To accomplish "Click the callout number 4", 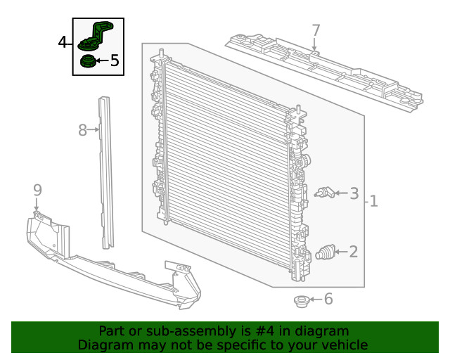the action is (x=63, y=42).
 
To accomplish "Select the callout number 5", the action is (x=115, y=60).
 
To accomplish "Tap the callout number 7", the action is (x=316, y=30).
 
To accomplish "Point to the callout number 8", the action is (x=82, y=130).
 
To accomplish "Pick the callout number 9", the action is (x=37, y=190).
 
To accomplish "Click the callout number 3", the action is (x=354, y=193).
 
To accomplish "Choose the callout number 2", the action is (x=354, y=252).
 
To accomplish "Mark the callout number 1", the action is (x=373, y=201).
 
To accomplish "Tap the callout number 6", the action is (x=328, y=299).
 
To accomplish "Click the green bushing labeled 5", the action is (x=87, y=61).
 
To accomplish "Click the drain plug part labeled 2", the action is (x=326, y=252).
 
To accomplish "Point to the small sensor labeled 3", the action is (x=324, y=193).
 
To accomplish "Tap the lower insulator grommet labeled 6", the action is (x=302, y=301).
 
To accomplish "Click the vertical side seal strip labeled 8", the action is (x=106, y=172).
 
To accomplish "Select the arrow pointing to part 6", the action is (x=316, y=299).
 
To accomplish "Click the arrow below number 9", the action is (x=37, y=205).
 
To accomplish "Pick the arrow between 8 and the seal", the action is (x=93, y=130).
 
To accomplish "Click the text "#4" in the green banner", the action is (x=264, y=331).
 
